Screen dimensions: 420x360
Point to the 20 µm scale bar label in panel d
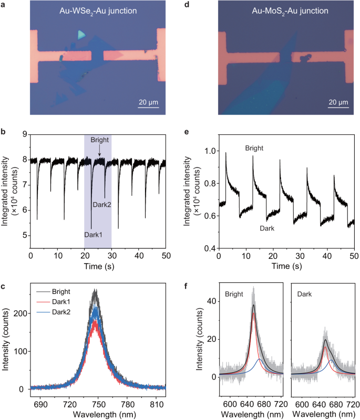(x=337, y=102)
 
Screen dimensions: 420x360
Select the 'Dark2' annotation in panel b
(x=102, y=204)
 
